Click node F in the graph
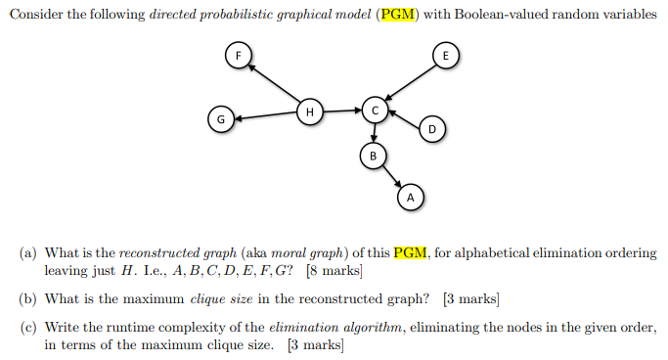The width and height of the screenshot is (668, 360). click(x=236, y=55)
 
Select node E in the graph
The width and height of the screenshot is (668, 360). click(x=445, y=56)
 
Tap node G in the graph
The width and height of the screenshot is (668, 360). click(x=221, y=119)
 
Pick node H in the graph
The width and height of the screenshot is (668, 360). click(x=310, y=112)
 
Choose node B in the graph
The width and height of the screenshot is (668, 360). click(x=372, y=155)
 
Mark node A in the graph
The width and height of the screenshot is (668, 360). click(x=411, y=197)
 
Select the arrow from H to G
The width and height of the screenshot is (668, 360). click(x=266, y=116)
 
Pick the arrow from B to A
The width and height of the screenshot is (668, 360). click(x=391, y=176)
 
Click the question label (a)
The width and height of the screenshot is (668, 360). click(x=29, y=252)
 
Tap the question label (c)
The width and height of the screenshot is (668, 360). click(x=29, y=328)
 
